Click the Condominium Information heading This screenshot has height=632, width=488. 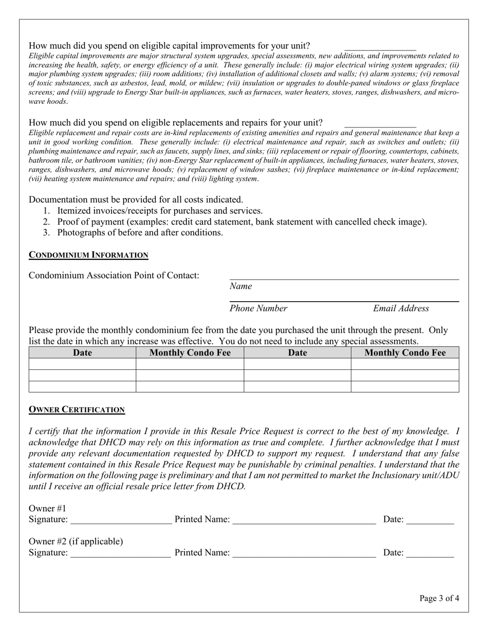click(88, 255)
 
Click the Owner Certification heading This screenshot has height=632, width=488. click(77, 410)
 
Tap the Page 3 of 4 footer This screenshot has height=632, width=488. click(439, 598)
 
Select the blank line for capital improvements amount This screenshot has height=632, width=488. click(380, 48)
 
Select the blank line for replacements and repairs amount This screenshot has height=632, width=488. click(380, 125)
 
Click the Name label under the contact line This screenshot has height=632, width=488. click(240, 286)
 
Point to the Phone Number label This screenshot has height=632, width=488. click(258, 308)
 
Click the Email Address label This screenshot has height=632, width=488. click(401, 308)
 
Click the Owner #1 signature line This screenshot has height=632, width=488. click(121, 521)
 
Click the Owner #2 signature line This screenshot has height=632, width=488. click(121, 554)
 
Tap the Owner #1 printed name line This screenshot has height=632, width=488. click(304, 521)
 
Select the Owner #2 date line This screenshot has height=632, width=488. click(430, 554)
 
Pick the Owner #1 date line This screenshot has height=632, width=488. click(430, 521)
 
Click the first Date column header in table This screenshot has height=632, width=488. click(82, 352)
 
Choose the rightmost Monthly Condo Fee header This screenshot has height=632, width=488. click(405, 352)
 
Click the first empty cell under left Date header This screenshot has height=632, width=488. click(82, 364)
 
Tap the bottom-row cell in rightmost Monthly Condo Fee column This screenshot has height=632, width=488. click(405, 386)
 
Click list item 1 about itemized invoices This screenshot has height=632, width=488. click(160, 211)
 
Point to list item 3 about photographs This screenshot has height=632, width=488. click(140, 232)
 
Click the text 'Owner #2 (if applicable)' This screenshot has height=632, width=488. click(76, 542)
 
